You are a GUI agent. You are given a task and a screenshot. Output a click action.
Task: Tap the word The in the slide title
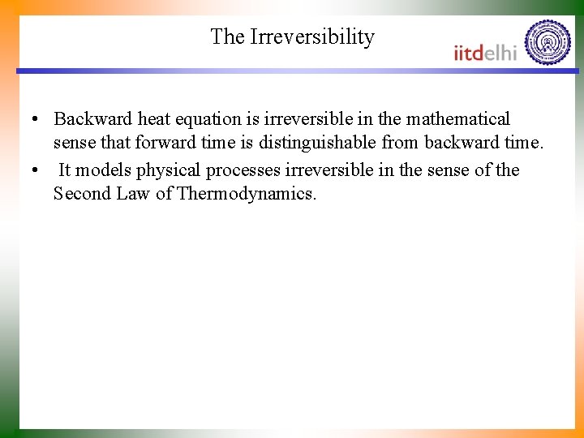228,37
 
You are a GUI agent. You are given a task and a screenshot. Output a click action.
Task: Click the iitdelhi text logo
485,52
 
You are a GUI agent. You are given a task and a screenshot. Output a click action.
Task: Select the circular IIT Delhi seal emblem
547,42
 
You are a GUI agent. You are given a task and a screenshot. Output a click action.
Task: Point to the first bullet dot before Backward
36,120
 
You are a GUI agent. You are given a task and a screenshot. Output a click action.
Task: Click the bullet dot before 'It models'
36,171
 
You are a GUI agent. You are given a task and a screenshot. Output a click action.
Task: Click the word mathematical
458,119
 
